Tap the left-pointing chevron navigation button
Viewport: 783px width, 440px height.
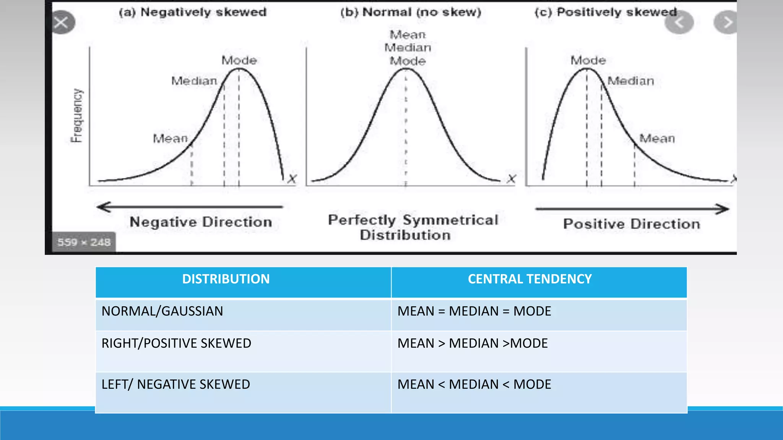(x=679, y=23)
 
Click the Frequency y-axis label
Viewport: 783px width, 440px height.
(x=77, y=116)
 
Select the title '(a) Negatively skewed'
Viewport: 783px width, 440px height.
(x=192, y=12)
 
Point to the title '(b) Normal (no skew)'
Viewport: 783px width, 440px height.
(x=411, y=12)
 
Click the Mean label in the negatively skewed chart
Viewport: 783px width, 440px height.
(x=171, y=138)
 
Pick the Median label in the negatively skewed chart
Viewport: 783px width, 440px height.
(x=194, y=81)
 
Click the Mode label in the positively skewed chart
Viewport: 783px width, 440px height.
(x=588, y=60)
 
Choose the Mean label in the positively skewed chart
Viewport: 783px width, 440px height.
(x=657, y=138)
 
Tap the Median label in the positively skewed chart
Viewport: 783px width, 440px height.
(x=631, y=81)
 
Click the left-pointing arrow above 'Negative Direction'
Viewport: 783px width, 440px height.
(x=189, y=207)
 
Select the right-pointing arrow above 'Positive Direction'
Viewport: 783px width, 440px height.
(x=632, y=209)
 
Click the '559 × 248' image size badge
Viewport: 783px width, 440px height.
(x=84, y=242)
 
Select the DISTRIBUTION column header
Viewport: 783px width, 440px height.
(x=226, y=279)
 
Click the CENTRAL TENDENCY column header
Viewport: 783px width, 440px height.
(x=530, y=279)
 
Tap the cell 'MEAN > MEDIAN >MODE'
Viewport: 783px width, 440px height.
(x=473, y=343)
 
